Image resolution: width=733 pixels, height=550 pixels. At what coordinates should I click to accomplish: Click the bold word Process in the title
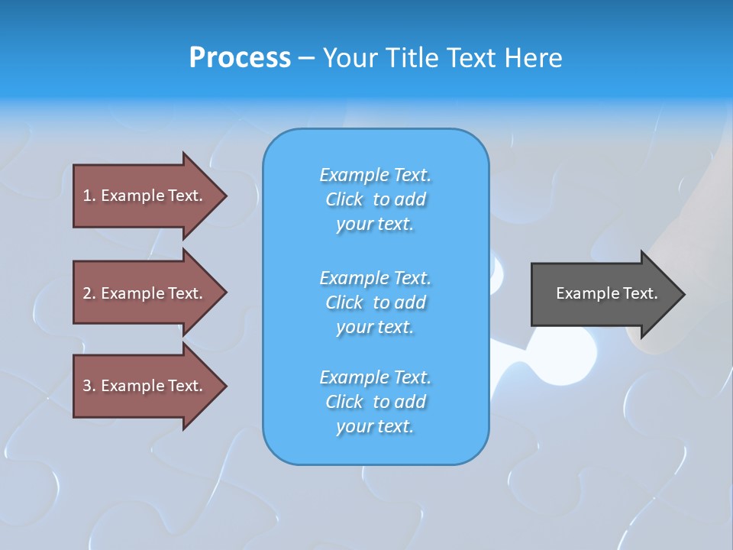(240, 58)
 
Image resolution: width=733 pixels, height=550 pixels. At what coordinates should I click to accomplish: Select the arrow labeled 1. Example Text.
(145, 196)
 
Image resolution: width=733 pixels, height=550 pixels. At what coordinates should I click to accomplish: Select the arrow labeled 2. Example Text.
(145, 293)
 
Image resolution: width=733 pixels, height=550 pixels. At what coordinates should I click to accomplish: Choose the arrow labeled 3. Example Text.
(145, 386)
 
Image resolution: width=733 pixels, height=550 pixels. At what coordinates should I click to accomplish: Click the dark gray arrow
(603, 294)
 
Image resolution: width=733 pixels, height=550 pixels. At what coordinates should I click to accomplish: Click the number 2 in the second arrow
(88, 293)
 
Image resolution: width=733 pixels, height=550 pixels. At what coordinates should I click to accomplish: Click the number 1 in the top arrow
(88, 196)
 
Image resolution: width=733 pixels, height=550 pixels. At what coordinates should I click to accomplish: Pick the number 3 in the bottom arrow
(88, 386)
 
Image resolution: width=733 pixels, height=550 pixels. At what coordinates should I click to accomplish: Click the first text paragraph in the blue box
(375, 199)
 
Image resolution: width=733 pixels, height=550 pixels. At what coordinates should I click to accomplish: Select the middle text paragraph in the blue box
(375, 302)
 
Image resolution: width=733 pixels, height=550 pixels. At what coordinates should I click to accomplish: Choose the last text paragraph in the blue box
(375, 402)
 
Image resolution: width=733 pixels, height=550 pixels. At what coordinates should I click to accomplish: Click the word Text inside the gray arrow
(639, 293)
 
